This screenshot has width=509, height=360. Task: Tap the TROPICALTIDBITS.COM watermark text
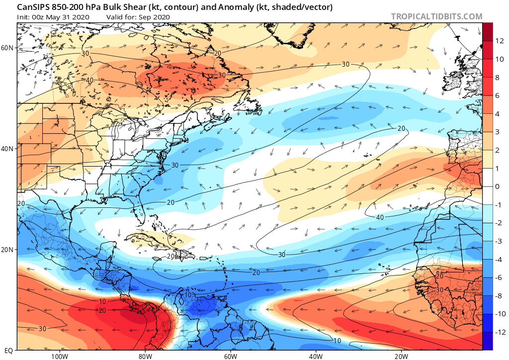click(436, 16)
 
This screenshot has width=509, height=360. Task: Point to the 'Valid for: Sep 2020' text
click(138, 17)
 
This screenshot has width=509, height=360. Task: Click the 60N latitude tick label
click(8, 48)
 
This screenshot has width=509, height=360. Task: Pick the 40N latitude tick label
click(8, 149)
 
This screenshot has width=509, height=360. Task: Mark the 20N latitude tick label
click(8, 250)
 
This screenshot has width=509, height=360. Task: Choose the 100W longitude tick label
click(59, 356)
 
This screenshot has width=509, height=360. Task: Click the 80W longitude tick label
click(145, 356)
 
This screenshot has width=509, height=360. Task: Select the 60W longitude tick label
click(230, 356)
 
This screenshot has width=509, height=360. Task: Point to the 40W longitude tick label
click(316, 356)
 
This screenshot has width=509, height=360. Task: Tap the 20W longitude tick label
click(401, 356)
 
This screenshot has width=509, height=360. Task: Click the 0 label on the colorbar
click(497, 186)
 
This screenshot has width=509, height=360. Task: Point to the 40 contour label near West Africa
click(379, 217)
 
